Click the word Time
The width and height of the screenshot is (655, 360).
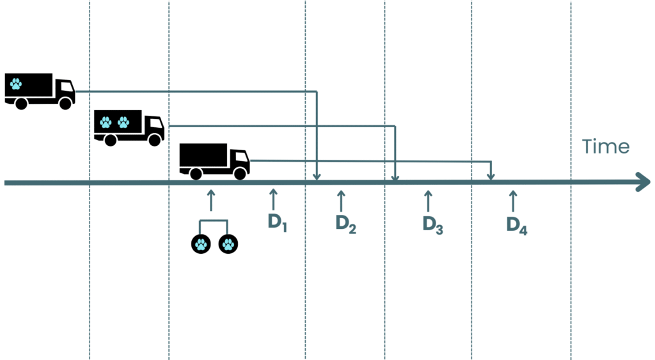point(606,146)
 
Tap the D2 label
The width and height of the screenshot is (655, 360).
point(346,224)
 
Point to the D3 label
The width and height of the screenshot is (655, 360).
point(433,224)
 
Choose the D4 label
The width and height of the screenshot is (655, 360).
point(517,226)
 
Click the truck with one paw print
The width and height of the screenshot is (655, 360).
point(40,91)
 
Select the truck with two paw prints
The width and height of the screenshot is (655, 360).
point(129,128)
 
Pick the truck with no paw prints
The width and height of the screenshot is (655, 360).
point(214,162)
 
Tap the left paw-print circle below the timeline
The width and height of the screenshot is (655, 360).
point(201,244)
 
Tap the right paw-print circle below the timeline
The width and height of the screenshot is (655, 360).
point(228,244)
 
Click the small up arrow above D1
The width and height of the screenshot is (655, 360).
point(273,200)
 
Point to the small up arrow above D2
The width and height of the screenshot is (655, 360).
point(341,201)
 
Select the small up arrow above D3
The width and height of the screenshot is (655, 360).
point(428,201)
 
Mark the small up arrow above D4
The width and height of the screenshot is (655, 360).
point(513,201)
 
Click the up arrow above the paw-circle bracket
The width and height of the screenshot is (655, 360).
point(211,201)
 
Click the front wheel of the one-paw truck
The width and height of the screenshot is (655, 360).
point(65,103)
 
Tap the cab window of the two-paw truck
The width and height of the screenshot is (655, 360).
point(157,123)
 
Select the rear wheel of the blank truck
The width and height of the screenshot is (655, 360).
point(196,173)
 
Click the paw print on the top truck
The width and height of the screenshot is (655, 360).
point(16,84)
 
